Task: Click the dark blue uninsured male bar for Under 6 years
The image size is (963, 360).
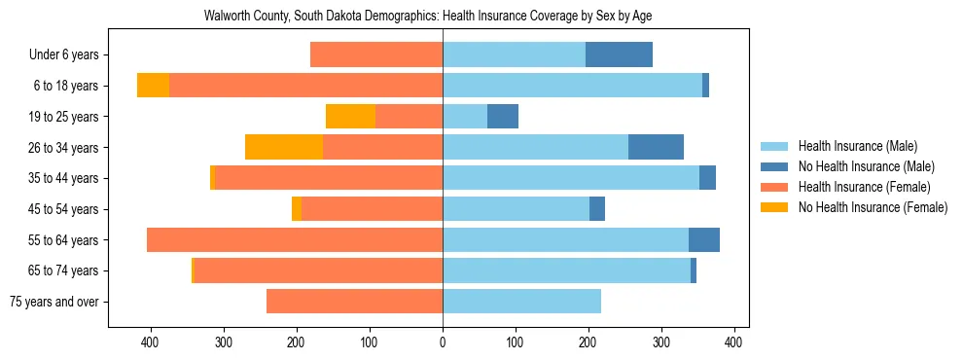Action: click(x=619, y=55)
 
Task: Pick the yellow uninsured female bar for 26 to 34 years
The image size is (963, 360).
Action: click(x=284, y=147)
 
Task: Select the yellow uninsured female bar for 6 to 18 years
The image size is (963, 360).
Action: click(x=153, y=86)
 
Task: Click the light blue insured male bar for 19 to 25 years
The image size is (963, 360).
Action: click(x=465, y=117)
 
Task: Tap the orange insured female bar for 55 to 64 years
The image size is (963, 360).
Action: click(x=295, y=239)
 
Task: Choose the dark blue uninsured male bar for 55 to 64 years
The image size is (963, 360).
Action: click(x=704, y=239)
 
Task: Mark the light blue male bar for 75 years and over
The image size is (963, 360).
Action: click(x=521, y=302)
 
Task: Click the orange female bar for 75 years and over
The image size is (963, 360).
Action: click(x=354, y=302)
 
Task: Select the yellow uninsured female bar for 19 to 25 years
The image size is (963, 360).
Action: click(x=350, y=117)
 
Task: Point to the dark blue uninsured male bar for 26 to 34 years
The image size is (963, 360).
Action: click(x=656, y=147)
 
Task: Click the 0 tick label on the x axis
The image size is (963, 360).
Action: click(x=443, y=342)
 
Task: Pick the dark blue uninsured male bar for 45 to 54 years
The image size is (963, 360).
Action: click(x=597, y=209)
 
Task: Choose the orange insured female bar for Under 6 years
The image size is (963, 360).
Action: click(x=376, y=55)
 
